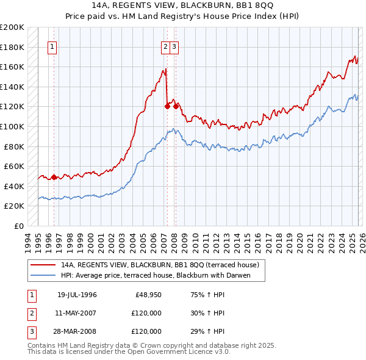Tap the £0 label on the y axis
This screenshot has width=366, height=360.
click(20, 226)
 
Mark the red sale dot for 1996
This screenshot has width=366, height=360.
click(54, 178)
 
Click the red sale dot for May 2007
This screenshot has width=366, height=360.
click(167, 106)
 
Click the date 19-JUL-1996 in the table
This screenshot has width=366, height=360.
click(77, 295)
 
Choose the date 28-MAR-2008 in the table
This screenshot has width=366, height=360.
click(77, 331)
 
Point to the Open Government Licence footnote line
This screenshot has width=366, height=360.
click(127, 352)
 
